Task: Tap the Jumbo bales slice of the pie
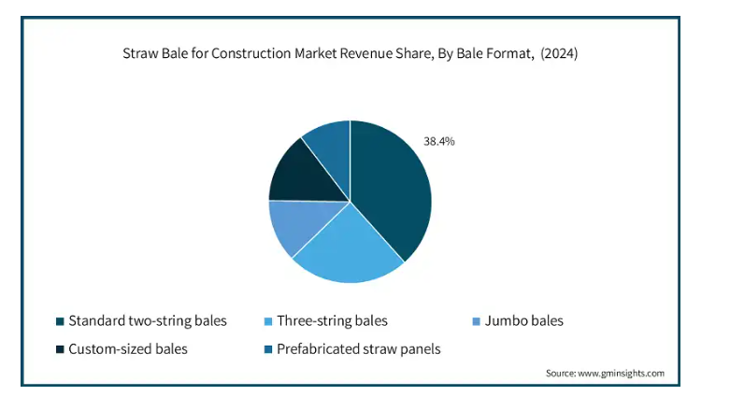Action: click(298, 223)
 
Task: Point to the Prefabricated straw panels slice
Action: click(332, 147)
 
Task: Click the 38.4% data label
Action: click(439, 141)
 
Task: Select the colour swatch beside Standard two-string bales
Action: click(60, 321)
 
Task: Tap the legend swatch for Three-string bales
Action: click(268, 321)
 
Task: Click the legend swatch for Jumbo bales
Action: click(477, 321)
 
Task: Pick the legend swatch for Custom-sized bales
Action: click(60, 349)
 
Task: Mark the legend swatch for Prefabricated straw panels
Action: click(268, 349)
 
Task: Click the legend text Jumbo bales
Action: click(524, 321)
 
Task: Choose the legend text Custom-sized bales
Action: click(128, 349)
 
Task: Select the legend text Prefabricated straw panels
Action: click(359, 349)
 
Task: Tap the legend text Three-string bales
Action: click(333, 321)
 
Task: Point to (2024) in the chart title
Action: click(559, 53)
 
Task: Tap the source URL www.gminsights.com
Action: click(621, 374)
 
